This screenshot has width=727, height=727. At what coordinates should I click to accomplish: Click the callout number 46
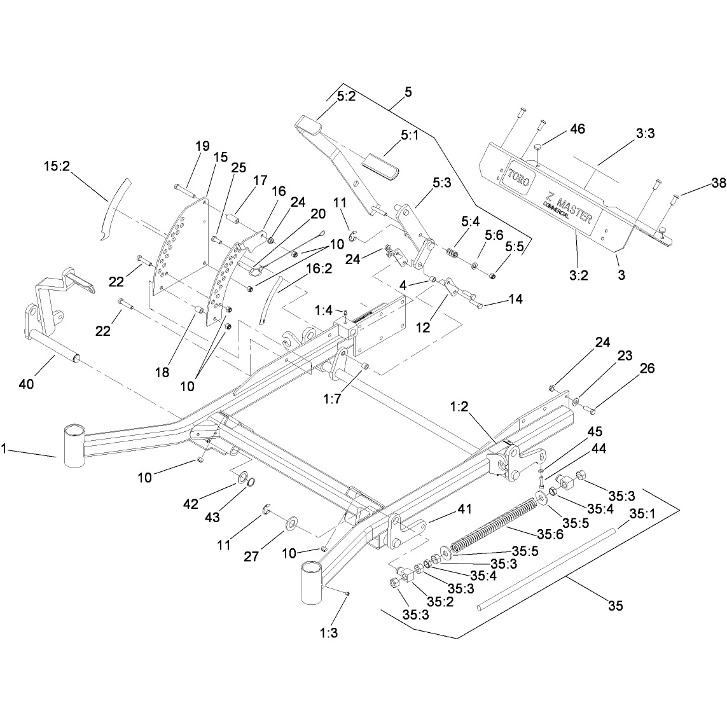pyautogui.click(x=578, y=129)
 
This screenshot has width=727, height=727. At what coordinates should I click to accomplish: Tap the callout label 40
pyautogui.click(x=27, y=384)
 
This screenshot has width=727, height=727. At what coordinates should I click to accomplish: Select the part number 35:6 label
pyautogui.click(x=550, y=534)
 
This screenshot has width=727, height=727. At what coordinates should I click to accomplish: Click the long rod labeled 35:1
pyautogui.click(x=547, y=569)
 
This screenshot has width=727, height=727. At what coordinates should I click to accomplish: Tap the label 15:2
pyautogui.click(x=57, y=166)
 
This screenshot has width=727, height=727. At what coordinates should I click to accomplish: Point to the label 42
pyautogui.click(x=191, y=504)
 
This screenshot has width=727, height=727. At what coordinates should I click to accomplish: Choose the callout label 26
pyautogui.click(x=647, y=368)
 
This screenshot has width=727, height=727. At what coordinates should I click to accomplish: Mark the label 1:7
pyautogui.click(x=333, y=399)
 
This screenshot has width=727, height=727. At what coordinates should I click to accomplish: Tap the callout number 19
pyautogui.click(x=203, y=146)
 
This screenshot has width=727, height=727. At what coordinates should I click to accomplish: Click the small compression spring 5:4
pyautogui.click(x=452, y=253)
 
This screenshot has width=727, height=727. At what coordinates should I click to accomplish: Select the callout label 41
pyautogui.click(x=464, y=509)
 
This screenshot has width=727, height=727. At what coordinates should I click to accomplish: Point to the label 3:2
pyautogui.click(x=579, y=275)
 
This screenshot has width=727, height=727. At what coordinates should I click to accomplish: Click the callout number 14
pyautogui.click(x=516, y=299)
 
